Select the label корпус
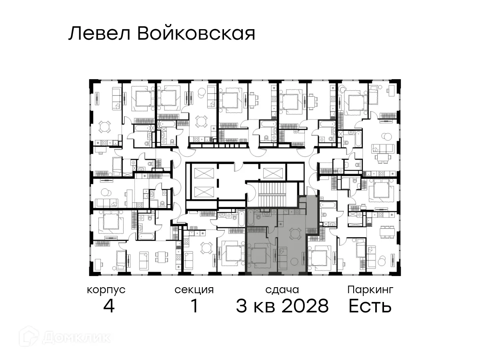point(106,290)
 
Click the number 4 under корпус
point(108,307)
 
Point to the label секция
point(194,290)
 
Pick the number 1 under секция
point(194,307)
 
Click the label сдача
point(282,290)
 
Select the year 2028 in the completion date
point(305,307)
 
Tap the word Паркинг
point(370,290)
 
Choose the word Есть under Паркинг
point(370,307)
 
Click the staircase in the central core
point(272,196)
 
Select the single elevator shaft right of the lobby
point(274,173)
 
